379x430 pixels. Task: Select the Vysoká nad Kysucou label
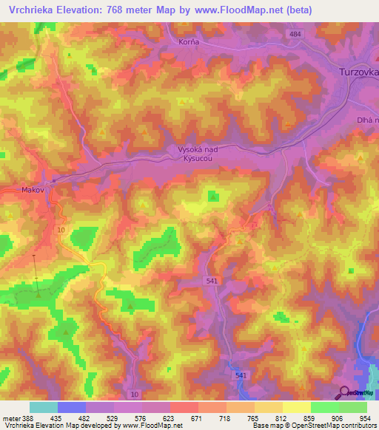pyautogui.click(x=201, y=153)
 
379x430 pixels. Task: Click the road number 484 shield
pyautogui.click(x=296, y=35)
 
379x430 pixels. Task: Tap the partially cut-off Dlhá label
pyautogui.click(x=366, y=119)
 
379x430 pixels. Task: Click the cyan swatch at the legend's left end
pyautogui.click(x=44, y=407)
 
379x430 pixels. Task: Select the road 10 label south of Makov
pyautogui.click(x=61, y=231)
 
